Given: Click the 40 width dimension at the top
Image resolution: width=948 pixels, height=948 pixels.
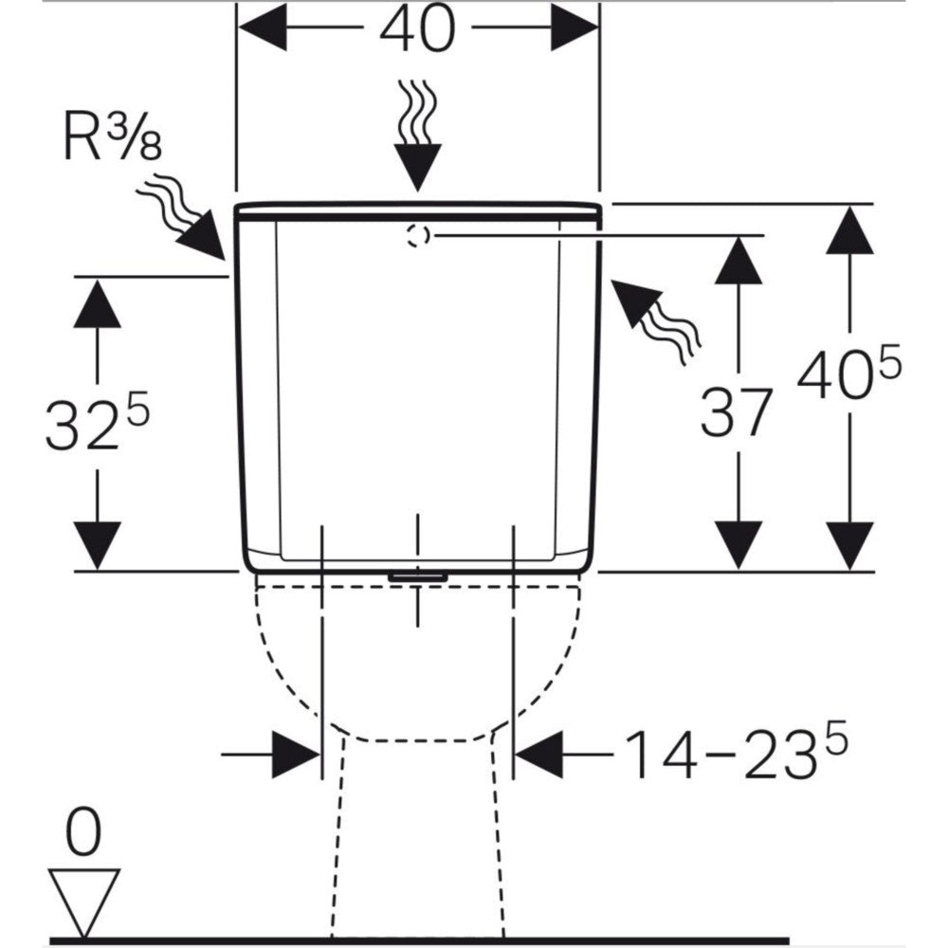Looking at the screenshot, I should point(417,30).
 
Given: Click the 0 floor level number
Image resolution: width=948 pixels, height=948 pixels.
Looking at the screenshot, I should point(83,835).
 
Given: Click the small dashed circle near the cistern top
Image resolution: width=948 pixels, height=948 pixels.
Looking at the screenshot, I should point(417,235).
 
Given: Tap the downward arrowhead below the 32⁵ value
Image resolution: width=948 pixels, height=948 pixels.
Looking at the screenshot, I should point(97,544).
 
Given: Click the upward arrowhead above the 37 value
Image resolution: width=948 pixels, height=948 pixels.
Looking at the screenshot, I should point(738,260).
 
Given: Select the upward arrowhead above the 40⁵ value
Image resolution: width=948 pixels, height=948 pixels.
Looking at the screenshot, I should point(848,230).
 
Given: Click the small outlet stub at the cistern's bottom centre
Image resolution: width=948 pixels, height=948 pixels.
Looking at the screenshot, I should point(417,575).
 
